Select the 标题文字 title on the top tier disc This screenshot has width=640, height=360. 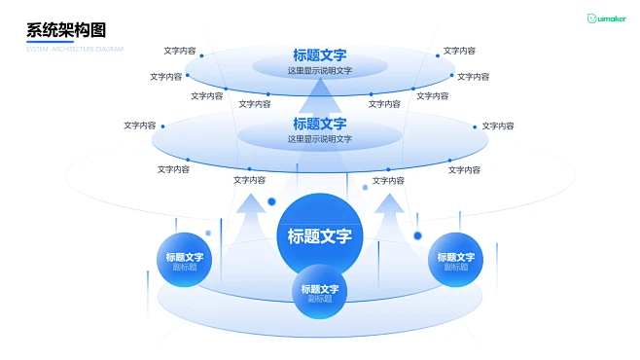(320, 55)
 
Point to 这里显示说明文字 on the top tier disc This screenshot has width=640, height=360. (320, 71)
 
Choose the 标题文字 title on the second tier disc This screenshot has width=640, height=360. (320, 124)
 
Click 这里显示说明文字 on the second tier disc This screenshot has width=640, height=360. (320, 139)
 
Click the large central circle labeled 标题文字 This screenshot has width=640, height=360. (319, 234)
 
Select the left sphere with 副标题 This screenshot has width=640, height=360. (185, 260)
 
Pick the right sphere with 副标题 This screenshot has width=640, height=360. (457, 260)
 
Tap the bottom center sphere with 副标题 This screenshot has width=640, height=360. (320, 292)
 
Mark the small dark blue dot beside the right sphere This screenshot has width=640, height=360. (418, 235)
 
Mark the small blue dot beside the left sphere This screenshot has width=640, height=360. (208, 233)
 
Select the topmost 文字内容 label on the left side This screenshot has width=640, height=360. (180, 51)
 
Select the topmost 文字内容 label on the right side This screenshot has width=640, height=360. (460, 51)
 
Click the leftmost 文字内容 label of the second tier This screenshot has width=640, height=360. (140, 126)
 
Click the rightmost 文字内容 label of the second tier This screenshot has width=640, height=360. (498, 126)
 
